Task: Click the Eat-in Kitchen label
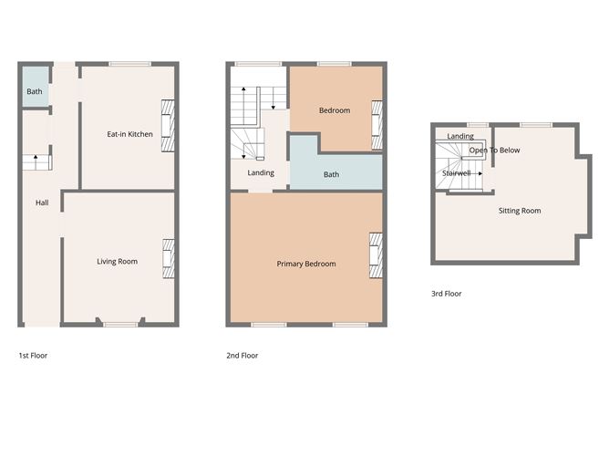[129, 134]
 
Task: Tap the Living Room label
[117, 262]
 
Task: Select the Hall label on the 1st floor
[42, 203]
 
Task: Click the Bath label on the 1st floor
[34, 92]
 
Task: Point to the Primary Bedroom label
[306, 264]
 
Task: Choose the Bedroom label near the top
[334, 110]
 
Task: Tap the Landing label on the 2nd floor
[261, 172]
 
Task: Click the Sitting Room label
[519, 211]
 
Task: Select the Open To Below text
[494, 151]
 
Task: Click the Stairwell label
[456, 171]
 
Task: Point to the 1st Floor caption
[33, 355]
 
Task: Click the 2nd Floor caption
[242, 355]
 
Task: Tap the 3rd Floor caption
[446, 294]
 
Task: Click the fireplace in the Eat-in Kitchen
[167, 125]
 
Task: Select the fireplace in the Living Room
[168, 257]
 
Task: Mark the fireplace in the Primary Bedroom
[376, 255]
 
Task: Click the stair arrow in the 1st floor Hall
[36, 161]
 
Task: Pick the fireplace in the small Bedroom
[376, 126]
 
